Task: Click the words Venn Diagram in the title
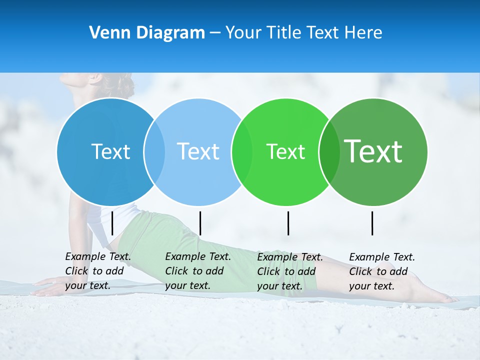click(147, 33)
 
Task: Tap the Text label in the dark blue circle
click(110, 151)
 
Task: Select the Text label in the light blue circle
click(198, 151)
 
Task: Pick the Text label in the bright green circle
click(285, 151)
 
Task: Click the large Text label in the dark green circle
click(373, 151)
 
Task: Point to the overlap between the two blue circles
click(154, 151)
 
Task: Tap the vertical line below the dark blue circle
click(112, 223)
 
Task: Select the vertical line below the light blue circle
click(200, 223)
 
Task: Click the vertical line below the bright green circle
click(288, 223)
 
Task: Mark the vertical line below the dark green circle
click(372, 223)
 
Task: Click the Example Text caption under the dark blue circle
click(98, 271)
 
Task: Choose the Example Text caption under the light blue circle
click(198, 271)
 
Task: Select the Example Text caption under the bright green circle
click(290, 271)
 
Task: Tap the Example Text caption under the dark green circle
click(382, 271)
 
